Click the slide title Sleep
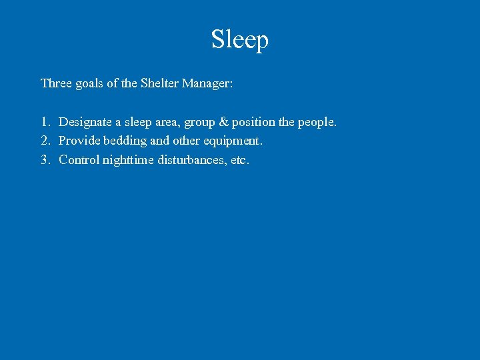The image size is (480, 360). point(240,39)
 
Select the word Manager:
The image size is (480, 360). point(207,83)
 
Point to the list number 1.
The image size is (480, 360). point(45,122)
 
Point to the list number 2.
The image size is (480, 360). point(45,141)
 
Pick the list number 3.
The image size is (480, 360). point(45,159)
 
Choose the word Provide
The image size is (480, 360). point(78,141)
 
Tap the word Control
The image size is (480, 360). point(79,159)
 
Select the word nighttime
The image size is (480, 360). point(128,160)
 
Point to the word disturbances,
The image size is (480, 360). point(191,159)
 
